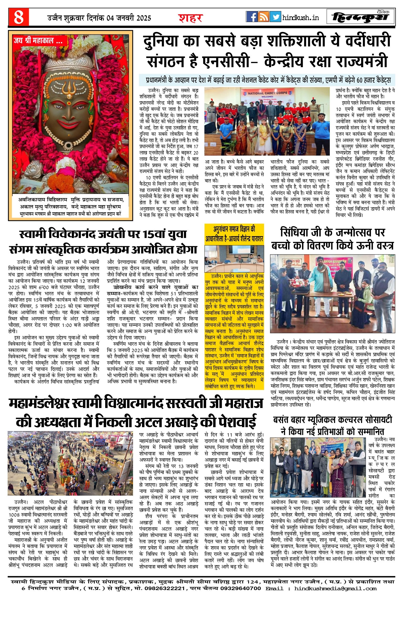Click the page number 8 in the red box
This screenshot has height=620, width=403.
point(19,17)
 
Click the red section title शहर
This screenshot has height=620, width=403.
point(191,18)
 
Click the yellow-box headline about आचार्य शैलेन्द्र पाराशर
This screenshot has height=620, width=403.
point(234,234)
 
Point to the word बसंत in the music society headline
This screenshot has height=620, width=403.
point(283,420)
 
